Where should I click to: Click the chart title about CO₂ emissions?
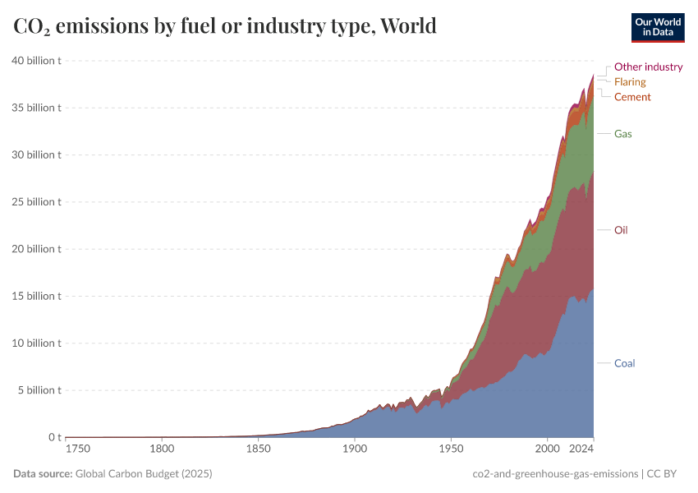225,26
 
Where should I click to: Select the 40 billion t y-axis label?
37,61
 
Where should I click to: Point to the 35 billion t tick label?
37,108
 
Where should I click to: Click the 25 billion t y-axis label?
37,202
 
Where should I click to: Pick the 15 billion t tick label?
37,296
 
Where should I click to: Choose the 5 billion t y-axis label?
39,390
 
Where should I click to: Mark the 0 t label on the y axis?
53,437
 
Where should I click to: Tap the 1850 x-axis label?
258,449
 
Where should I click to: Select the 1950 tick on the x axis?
450,449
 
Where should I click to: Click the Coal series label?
624,363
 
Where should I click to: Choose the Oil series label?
621,230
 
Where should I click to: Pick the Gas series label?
622,133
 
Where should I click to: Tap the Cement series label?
632,97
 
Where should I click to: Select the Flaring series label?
630,82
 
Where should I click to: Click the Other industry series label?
648,67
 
